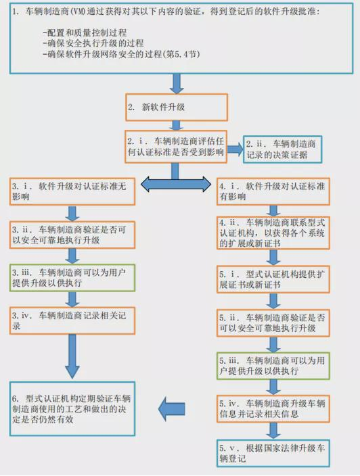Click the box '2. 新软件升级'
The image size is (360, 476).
(176, 108)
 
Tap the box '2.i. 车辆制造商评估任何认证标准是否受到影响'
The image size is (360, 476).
(175, 147)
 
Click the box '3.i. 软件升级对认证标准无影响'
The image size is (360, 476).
(72, 191)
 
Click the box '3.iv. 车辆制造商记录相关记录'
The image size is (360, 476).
(72, 320)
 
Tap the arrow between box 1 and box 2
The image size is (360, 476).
(177, 82)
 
